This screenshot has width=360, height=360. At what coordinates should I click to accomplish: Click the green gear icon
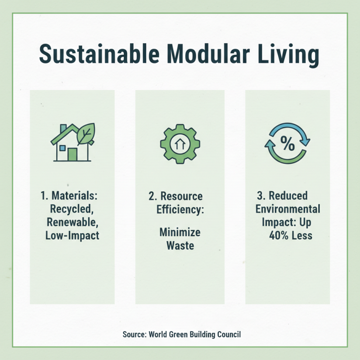click(x=180, y=144)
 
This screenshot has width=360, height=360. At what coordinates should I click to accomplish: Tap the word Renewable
click(x=72, y=222)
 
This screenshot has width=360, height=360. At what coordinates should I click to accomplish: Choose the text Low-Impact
click(x=72, y=235)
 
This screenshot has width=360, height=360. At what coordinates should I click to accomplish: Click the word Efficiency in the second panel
click(x=180, y=209)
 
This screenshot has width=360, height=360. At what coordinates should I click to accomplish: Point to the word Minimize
click(x=180, y=233)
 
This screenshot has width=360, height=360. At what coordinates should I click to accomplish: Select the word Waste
click(x=180, y=246)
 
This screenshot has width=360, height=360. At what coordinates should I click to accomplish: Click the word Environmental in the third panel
click(x=288, y=209)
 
